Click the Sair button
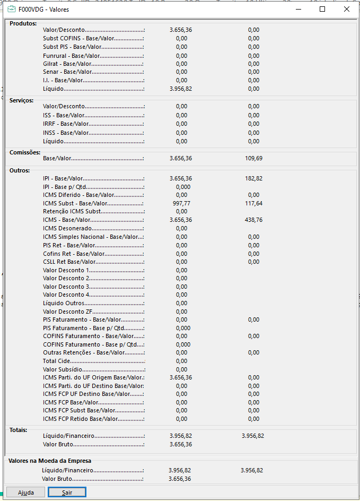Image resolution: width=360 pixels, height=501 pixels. tap(67, 493)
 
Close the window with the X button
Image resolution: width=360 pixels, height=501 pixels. tap(346, 9)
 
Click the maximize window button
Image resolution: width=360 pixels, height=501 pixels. tap(322, 9)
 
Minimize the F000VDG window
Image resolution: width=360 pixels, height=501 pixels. tap(298, 9)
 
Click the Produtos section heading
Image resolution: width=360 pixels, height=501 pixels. tap(23, 23)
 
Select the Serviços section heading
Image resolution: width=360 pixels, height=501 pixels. tap(22, 100)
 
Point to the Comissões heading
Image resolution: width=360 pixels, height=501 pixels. tap(25, 152)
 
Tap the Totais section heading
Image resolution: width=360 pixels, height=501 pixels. tap(19, 430)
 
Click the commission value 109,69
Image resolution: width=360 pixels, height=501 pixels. tap(254, 158)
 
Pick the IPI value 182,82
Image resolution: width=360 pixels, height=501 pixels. tap(254, 178)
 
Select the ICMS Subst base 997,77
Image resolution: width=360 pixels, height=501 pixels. tap(181, 203)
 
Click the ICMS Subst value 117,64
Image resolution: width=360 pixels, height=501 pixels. tap(254, 203)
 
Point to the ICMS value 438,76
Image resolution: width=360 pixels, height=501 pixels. tap(254, 220)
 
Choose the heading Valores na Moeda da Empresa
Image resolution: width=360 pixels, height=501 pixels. tap(50, 461)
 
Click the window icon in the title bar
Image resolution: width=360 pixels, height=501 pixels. tap(11, 9)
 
